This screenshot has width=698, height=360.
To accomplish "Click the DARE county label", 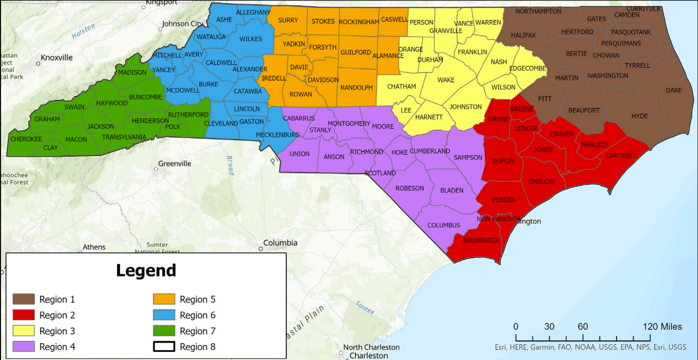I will tap(674, 90).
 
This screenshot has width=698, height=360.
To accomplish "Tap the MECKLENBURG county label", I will tap(278, 135).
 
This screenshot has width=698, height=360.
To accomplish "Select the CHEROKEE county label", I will tap(26, 139).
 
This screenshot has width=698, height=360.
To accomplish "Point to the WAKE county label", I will tap(446, 80).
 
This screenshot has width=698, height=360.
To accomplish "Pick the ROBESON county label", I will tap(409, 188).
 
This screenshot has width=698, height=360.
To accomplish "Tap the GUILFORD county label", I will tap(355, 52).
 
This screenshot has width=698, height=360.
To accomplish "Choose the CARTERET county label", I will tap(621, 156).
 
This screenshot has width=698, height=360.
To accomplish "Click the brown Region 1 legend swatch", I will tap(24, 299).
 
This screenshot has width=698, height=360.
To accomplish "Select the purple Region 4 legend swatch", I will tap(24, 347).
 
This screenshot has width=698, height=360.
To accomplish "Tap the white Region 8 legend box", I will tap(164, 347).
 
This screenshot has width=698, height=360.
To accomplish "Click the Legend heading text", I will tap(146, 271).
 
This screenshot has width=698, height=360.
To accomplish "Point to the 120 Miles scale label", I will tap(662, 327).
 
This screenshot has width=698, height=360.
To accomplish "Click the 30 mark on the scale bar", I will tap(549, 327).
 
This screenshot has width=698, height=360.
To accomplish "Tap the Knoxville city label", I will tap(56, 58).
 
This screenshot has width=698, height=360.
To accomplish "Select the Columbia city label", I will tap(280, 243).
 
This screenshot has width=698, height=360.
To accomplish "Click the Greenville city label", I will tap(175, 164).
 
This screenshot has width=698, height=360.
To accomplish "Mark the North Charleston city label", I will tap(371, 347).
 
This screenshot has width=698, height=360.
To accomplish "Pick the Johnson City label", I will tap(182, 23).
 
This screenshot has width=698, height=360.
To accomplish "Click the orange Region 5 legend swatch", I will tap(164, 299).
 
